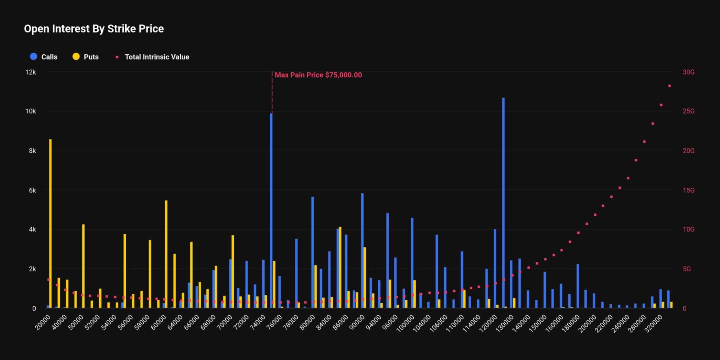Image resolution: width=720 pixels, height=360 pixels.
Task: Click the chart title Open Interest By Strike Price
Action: [94, 29]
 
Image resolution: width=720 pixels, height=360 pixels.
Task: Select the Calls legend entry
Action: [44, 57]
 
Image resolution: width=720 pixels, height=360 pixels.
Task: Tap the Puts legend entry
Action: [86, 57]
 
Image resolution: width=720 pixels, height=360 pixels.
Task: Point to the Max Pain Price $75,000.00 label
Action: [318, 75]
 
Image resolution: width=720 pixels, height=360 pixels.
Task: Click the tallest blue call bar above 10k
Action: [503, 202]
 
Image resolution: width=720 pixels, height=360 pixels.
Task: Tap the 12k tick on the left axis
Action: [30, 72]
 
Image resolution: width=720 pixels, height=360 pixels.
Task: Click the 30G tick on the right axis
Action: [688, 72]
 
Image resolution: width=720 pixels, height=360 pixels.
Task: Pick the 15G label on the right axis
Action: [688, 190]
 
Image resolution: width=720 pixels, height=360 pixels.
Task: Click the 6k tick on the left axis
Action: [32, 190]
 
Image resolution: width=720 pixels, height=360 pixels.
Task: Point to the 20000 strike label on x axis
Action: [43, 322]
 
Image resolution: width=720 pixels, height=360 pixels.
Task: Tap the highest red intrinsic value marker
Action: [670, 86]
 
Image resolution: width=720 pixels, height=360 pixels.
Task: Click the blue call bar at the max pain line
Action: [271, 210]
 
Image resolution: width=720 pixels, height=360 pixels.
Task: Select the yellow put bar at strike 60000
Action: [166, 255]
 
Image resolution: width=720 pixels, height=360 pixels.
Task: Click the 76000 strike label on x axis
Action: [274, 322]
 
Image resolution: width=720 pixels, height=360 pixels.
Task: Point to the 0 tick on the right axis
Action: [684, 309]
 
